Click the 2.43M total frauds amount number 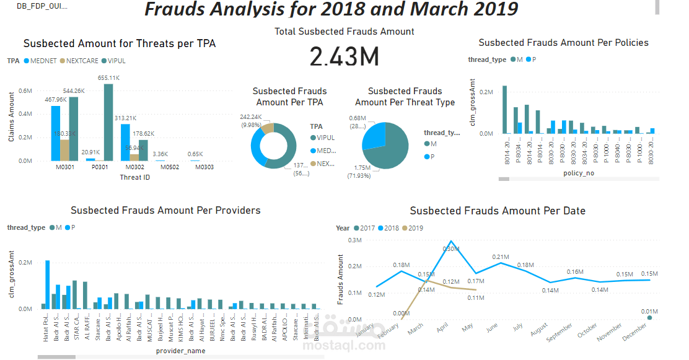pyautogui.click(x=344, y=57)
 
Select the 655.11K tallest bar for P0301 pyautogui.click(x=108, y=123)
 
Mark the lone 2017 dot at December pyautogui.click(x=649, y=318)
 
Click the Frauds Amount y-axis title pyautogui.click(x=340, y=279)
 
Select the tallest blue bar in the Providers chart pyautogui.click(x=48, y=284)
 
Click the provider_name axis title pyautogui.click(x=180, y=351)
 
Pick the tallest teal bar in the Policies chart pyautogui.click(x=504, y=110)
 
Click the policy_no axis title pyautogui.click(x=579, y=173)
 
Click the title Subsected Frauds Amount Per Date pyautogui.click(x=498, y=211)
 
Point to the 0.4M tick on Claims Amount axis pyautogui.click(x=25, y=114)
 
